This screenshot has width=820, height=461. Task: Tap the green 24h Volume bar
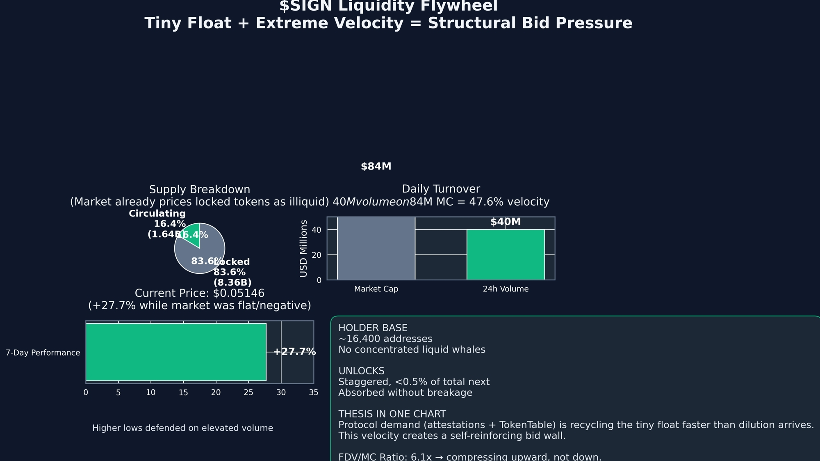tap(506, 255)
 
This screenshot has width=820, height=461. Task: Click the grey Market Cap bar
tap(376, 248)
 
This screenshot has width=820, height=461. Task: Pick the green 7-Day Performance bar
tap(176, 352)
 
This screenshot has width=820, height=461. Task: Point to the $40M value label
tap(506, 222)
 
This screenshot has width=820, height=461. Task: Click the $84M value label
tap(376, 167)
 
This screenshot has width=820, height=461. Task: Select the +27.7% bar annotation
tap(294, 352)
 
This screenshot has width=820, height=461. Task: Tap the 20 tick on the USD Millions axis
tap(317, 255)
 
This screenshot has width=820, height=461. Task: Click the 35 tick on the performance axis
tap(314, 392)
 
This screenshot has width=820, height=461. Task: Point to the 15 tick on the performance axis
tap(183, 392)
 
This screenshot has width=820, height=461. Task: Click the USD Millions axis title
tap(303, 248)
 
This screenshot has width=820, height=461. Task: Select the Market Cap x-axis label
tap(376, 289)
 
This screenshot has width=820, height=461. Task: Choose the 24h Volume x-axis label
tap(506, 289)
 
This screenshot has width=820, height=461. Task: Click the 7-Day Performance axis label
tap(43, 353)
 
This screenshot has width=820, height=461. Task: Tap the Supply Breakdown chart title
tap(200, 190)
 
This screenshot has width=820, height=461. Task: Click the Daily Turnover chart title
tap(441, 189)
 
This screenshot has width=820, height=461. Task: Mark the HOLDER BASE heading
tap(373, 328)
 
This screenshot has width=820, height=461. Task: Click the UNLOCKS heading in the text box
tap(361, 371)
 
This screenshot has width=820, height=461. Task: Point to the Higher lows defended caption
tap(182, 428)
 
